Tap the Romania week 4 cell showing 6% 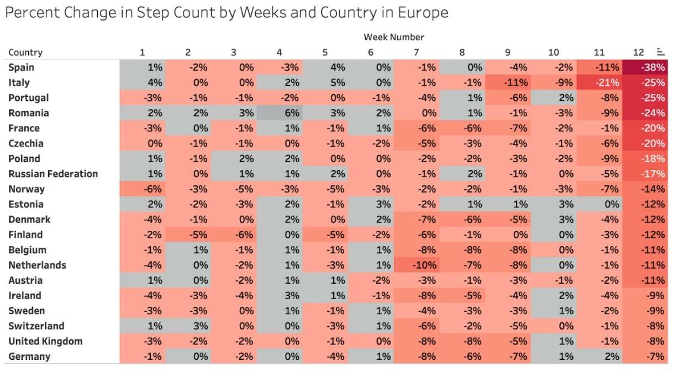pyautogui.click(x=280, y=113)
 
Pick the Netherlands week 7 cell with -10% pyautogui.click(x=417, y=265)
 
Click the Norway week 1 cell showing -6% pyautogui.click(x=143, y=189)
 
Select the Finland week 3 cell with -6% pyautogui.click(x=234, y=235)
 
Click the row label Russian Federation pyautogui.click(x=53, y=174)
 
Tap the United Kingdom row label pyautogui.click(x=45, y=341)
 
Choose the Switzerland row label pyautogui.click(x=36, y=326)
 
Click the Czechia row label pyautogui.click(x=25, y=144)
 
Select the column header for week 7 pyautogui.click(x=416, y=52)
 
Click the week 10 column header pyautogui.click(x=554, y=52)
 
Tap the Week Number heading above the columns pyautogui.click(x=393, y=37)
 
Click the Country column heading pyautogui.click(x=25, y=52)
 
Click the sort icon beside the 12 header pyautogui.click(x=660, y=52)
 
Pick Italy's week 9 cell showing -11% pyautogui.click(x=508, y=83)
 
